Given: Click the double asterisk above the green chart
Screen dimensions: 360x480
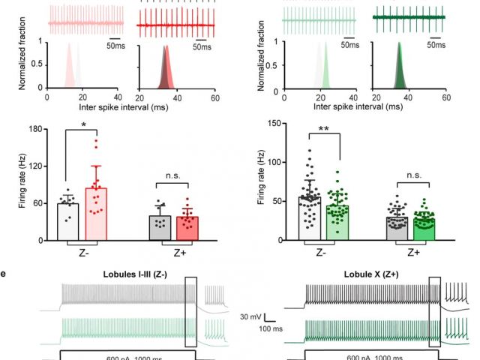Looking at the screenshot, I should click(325, 130).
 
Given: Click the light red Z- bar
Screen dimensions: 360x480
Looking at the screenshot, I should click(97, 214).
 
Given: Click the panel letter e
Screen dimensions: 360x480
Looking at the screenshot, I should click(4, 274).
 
